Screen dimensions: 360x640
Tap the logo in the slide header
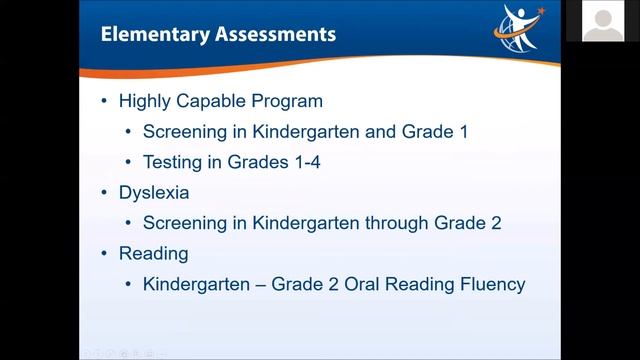518,29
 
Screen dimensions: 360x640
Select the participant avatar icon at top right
603,21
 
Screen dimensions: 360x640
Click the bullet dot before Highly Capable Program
106,102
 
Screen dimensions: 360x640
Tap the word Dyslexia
154,192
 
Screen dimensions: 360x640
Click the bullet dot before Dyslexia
106,192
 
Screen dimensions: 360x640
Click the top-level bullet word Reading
153,253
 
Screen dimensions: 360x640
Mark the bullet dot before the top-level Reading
106,253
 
